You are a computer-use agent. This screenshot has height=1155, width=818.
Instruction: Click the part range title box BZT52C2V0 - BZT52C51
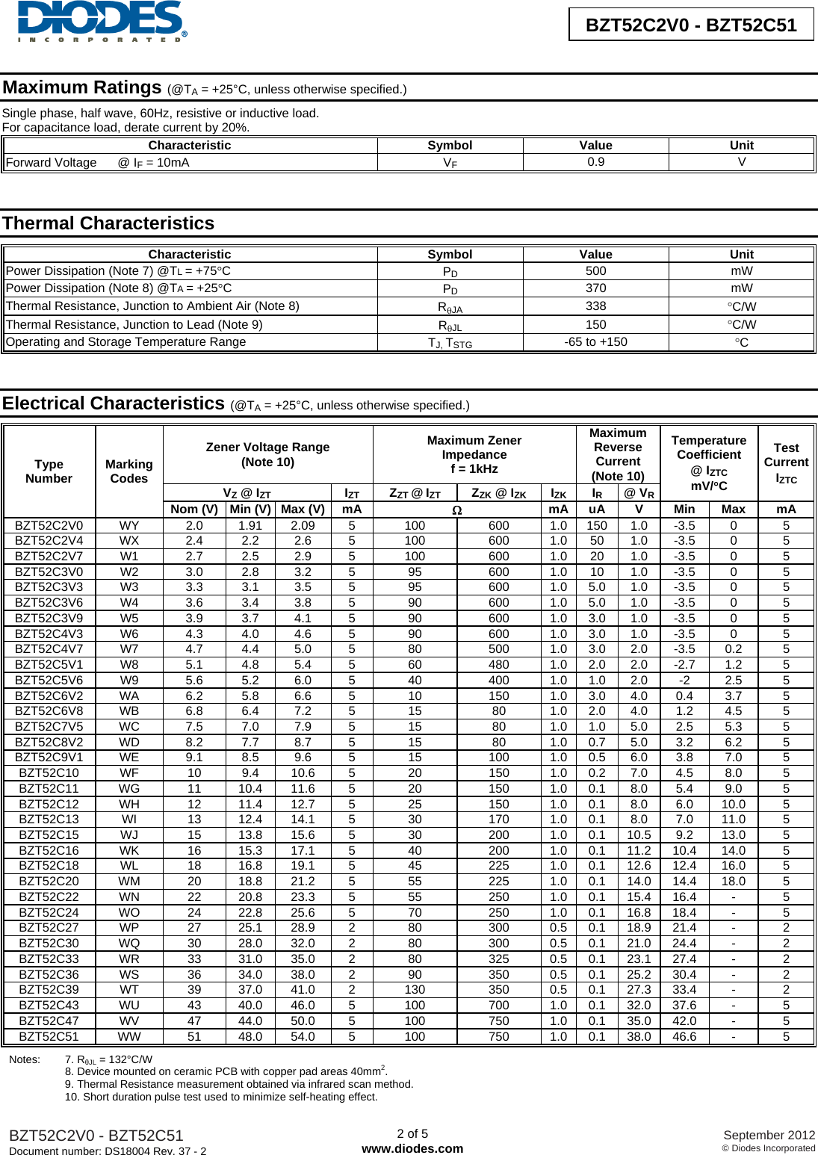coord(691,25)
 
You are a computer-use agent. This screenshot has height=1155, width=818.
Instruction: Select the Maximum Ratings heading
coord(82,88)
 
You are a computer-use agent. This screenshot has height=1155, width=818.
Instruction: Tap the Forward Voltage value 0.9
coord(595,162)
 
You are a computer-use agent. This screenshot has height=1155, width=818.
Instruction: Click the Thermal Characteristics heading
coord(108,223)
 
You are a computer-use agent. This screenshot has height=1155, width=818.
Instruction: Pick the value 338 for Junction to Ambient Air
coord(595,306)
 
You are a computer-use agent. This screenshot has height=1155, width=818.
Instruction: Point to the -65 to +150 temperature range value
coord(595,342)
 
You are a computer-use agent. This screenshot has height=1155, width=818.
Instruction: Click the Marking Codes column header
coord(128,471)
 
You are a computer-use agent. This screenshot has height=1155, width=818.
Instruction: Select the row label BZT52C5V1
coord(49,664)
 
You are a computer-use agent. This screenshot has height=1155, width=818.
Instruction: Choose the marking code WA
coord(128,696)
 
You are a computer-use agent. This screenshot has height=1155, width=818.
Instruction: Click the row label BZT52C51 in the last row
coord(49,1036)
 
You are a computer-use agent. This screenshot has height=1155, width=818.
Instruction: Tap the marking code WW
coord(128,1036)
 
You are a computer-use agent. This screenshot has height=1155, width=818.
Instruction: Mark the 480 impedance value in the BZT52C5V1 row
coord(498,664)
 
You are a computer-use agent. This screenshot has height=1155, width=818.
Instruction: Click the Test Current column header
coord(786,462)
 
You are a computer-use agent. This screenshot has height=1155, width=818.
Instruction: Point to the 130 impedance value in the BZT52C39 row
coord(415,990)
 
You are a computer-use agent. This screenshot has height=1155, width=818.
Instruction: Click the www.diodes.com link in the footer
coord(412,1148)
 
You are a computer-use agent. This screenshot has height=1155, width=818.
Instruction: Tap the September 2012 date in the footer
coord(769,1135)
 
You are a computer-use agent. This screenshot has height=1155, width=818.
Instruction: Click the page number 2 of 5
coord(412,1133)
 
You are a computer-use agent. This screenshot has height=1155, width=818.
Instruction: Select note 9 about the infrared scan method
coord(239,1084)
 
